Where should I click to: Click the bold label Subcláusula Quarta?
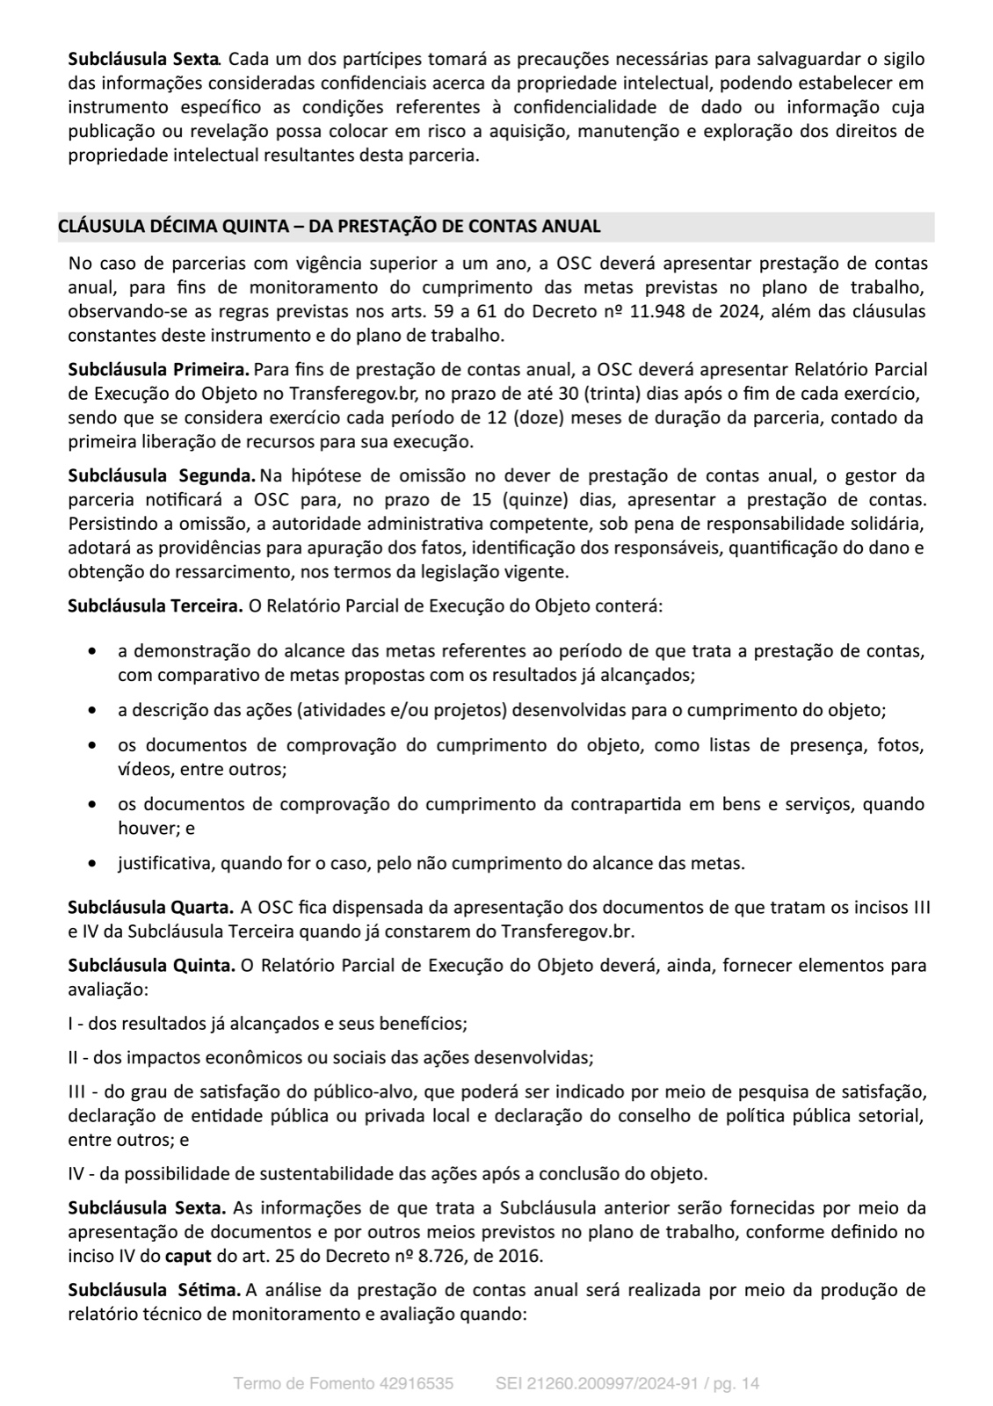pyautogui.click(x=151, y=906)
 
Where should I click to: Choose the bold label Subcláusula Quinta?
pyautogui.click(x=151, y=966)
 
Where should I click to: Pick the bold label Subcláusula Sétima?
pyautogui.click(x=155, y=1290)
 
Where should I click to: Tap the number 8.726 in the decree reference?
pyautogui.click(x=422, y=1256)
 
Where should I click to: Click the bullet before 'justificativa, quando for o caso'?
pyautogui.click(x=92, y=864)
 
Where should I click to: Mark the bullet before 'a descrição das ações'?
pyautogui.click(x=92, y=709)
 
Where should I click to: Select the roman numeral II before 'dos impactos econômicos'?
pyautogui.click(x=74, y=1057)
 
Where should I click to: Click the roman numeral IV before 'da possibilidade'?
pyautogui.click(x=76, y=1173)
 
